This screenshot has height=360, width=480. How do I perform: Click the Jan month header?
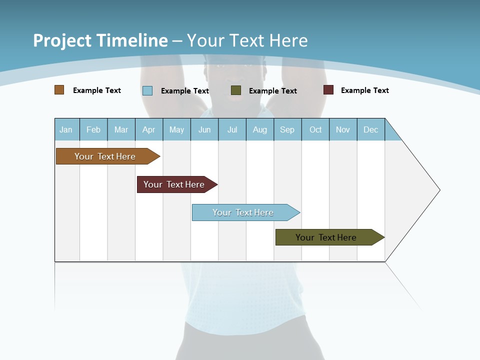[66, 129]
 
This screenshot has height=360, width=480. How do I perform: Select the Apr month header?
[149, 129]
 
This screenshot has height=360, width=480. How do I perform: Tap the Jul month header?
[232, 129]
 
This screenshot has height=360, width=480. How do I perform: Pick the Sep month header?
[287, 129]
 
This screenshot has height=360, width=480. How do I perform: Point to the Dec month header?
[370, 129]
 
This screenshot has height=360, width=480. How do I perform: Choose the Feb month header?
[93, 129]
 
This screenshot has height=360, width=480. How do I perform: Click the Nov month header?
[343, 129]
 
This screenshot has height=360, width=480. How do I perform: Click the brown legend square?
[59, 90]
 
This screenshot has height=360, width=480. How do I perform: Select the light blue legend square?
[147, 90]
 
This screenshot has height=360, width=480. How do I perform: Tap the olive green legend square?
[236, 90]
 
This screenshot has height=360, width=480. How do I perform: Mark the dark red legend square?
[328, 90]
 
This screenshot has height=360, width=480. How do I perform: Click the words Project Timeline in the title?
[100, 40]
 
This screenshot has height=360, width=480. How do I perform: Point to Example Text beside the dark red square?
[364, 90]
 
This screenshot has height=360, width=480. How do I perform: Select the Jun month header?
[204, 129]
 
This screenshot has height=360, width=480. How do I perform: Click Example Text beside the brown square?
[97, 90]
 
